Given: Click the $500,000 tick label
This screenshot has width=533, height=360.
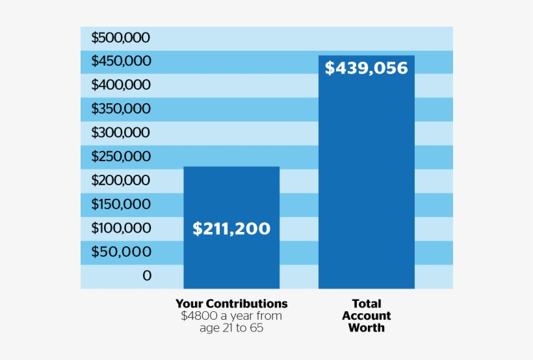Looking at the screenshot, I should click(120, 38).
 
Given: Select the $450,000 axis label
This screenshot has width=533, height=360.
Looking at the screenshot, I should click(120, 61).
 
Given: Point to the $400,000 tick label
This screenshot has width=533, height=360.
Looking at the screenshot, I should click(120, 84).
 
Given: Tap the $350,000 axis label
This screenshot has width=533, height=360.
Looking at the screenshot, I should click(120, 109).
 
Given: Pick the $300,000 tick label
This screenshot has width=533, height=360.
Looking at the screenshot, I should click(120, 133).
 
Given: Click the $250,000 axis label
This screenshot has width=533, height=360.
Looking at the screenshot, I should click(120, 157).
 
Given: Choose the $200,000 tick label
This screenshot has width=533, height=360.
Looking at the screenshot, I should click(120, 180).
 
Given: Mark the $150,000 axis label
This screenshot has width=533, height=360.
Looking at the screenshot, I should click(120, 204).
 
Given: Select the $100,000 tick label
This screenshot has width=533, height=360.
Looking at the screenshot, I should click(120, 228).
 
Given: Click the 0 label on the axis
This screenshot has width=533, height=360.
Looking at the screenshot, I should click(146, 276).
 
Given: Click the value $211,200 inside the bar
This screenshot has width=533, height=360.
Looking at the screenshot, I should click(231, 229).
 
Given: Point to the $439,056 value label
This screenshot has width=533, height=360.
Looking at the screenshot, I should click(366, 68).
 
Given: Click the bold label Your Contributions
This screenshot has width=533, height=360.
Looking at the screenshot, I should click(231, 303).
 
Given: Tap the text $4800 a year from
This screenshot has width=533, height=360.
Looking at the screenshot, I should click(231, 316).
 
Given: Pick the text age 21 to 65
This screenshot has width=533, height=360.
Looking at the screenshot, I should click(231, 328).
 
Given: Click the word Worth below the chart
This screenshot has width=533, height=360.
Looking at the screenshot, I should click(366, 328).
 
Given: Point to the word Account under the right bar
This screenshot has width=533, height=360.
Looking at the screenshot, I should click(366, 316).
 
